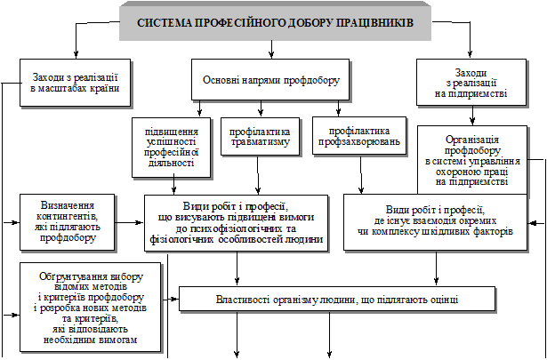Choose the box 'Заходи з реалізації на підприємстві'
click(x=471, y=81)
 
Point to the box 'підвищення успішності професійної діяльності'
click(x=172, y=144)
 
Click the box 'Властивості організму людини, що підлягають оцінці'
click(x=329, y=299)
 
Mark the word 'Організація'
click(x=473, y=140)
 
